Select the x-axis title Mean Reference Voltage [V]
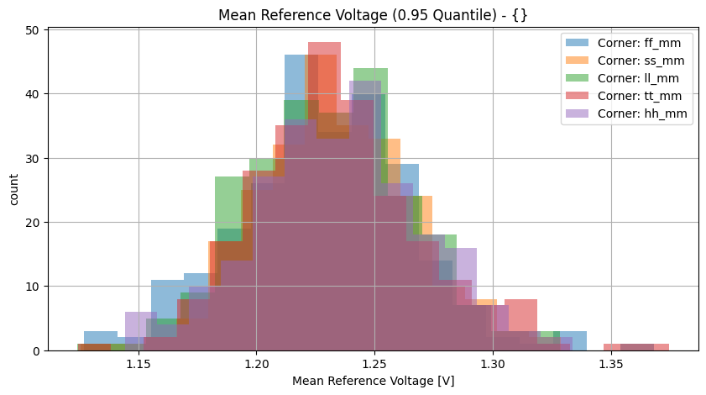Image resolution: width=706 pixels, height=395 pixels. coord(373,381)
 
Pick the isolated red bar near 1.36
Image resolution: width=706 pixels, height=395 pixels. coord(636,347)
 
